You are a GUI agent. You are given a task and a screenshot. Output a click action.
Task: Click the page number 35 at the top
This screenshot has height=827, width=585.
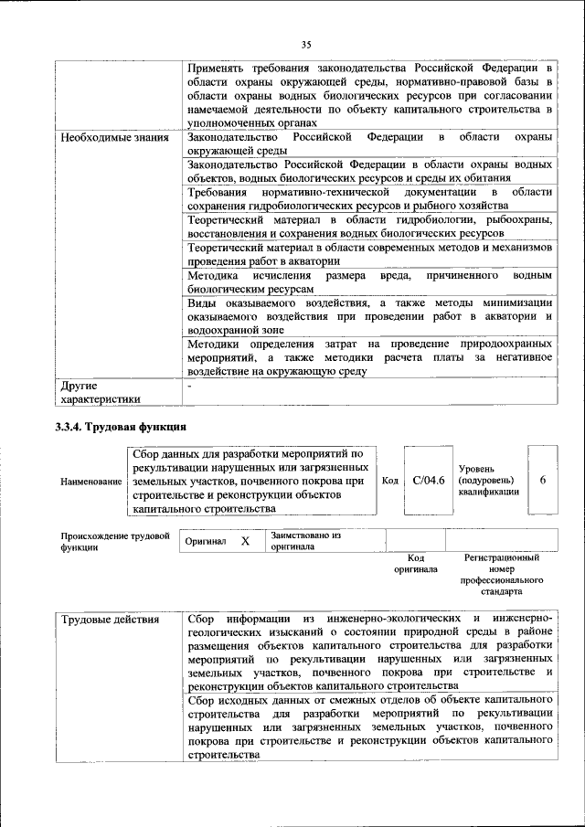pos(306,43)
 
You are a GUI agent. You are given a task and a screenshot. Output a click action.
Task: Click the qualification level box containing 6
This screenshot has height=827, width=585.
pos(543,480)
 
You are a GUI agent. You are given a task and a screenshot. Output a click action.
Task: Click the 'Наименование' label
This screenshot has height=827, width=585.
pos(91,481)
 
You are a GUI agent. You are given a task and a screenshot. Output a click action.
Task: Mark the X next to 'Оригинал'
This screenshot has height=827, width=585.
pos(245,541)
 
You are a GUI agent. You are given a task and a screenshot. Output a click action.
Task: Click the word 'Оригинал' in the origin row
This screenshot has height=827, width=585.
pos(206,541)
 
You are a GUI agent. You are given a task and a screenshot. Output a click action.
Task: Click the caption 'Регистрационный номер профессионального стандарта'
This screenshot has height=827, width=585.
pos(501,574)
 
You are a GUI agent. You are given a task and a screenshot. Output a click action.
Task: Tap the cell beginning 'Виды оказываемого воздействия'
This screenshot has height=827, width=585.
pos(369,315)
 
